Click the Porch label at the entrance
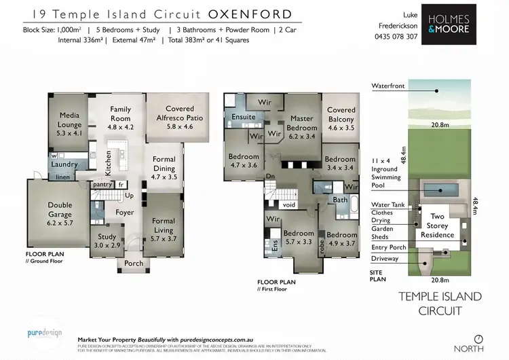(133, 264)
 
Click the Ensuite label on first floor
(244, 117)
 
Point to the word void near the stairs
(288, 204)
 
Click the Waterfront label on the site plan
(389, 86)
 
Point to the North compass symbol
(479, 339)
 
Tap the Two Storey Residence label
(438, 226)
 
